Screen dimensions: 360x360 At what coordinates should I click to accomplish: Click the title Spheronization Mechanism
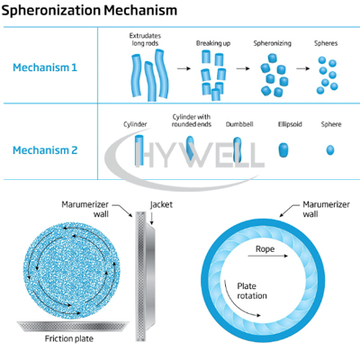[x=89, y=11]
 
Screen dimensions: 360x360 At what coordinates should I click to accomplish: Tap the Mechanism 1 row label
[x=45, y=67]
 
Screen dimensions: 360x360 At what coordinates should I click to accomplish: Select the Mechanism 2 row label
[x=45, y=150]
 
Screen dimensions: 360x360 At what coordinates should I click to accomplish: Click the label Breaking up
[x=213, y=43]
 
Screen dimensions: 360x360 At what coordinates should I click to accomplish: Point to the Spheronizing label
[x=273, y=43]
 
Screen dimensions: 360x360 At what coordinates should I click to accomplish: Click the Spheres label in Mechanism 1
[x=326, y=43]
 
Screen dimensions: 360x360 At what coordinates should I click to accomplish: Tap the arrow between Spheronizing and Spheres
[x=303, y=68]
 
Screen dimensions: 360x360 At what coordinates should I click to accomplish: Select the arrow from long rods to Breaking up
[x=184, y=68]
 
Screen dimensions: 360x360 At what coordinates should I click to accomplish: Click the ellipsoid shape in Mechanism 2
[x=283, y=149]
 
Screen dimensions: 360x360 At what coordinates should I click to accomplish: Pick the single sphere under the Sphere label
[x=330, y=149]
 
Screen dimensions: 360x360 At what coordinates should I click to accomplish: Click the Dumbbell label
[x=239, y=124]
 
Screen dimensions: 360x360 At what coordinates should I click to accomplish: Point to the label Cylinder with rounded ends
[x=192, y=121]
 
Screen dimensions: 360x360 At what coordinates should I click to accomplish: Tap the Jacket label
[x=161, y=205]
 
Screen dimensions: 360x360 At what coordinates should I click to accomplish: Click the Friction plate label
[x=69, y=338]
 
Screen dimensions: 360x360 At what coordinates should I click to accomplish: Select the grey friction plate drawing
[x=73, y=326]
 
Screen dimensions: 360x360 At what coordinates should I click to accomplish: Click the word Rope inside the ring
[x=265, y=249]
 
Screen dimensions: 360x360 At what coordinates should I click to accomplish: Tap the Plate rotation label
[x=252, y=291]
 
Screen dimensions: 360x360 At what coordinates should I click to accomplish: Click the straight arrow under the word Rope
[x=268, y=256]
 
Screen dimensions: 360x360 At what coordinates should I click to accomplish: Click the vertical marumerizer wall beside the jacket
[x=140, y=276]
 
